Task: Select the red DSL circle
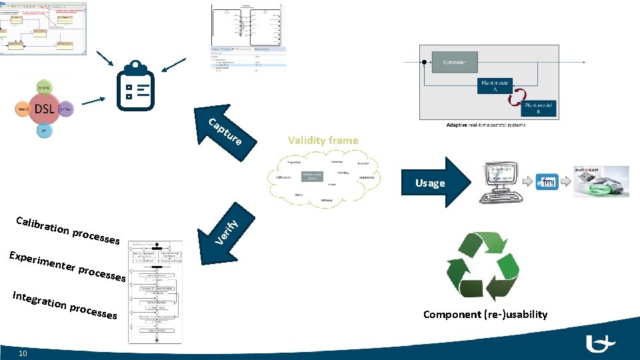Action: [45, 109]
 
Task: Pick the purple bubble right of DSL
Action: [65, 108]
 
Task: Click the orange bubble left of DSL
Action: [23, 108]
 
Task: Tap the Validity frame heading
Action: [323, 140]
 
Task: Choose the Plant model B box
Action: [540, 108]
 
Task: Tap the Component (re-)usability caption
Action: [485, 314]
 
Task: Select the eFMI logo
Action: [547, 182]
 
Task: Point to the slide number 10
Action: [23, 353]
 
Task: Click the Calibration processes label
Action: [67, 229]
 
